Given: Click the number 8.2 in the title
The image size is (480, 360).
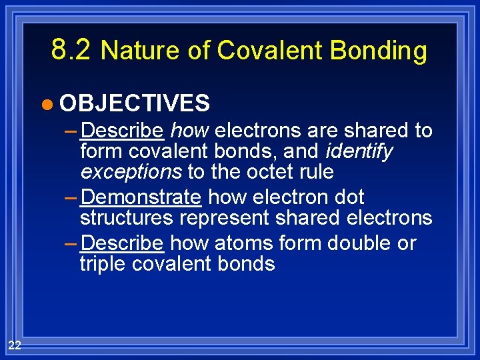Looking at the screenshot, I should click(72, 49).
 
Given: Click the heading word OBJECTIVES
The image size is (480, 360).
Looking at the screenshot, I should click(135, 103).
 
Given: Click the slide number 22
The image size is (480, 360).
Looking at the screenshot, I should click(15, 345).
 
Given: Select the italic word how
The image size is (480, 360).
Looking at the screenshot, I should click(190, 130).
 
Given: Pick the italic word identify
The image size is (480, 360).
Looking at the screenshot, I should click(360, 151).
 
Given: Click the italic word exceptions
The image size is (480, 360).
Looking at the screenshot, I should click(131, 172).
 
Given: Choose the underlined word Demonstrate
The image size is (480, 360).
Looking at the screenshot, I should click(141, 197).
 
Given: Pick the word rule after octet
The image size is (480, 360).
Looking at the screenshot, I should click(313, 172).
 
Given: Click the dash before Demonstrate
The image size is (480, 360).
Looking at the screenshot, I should click(72, 197).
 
